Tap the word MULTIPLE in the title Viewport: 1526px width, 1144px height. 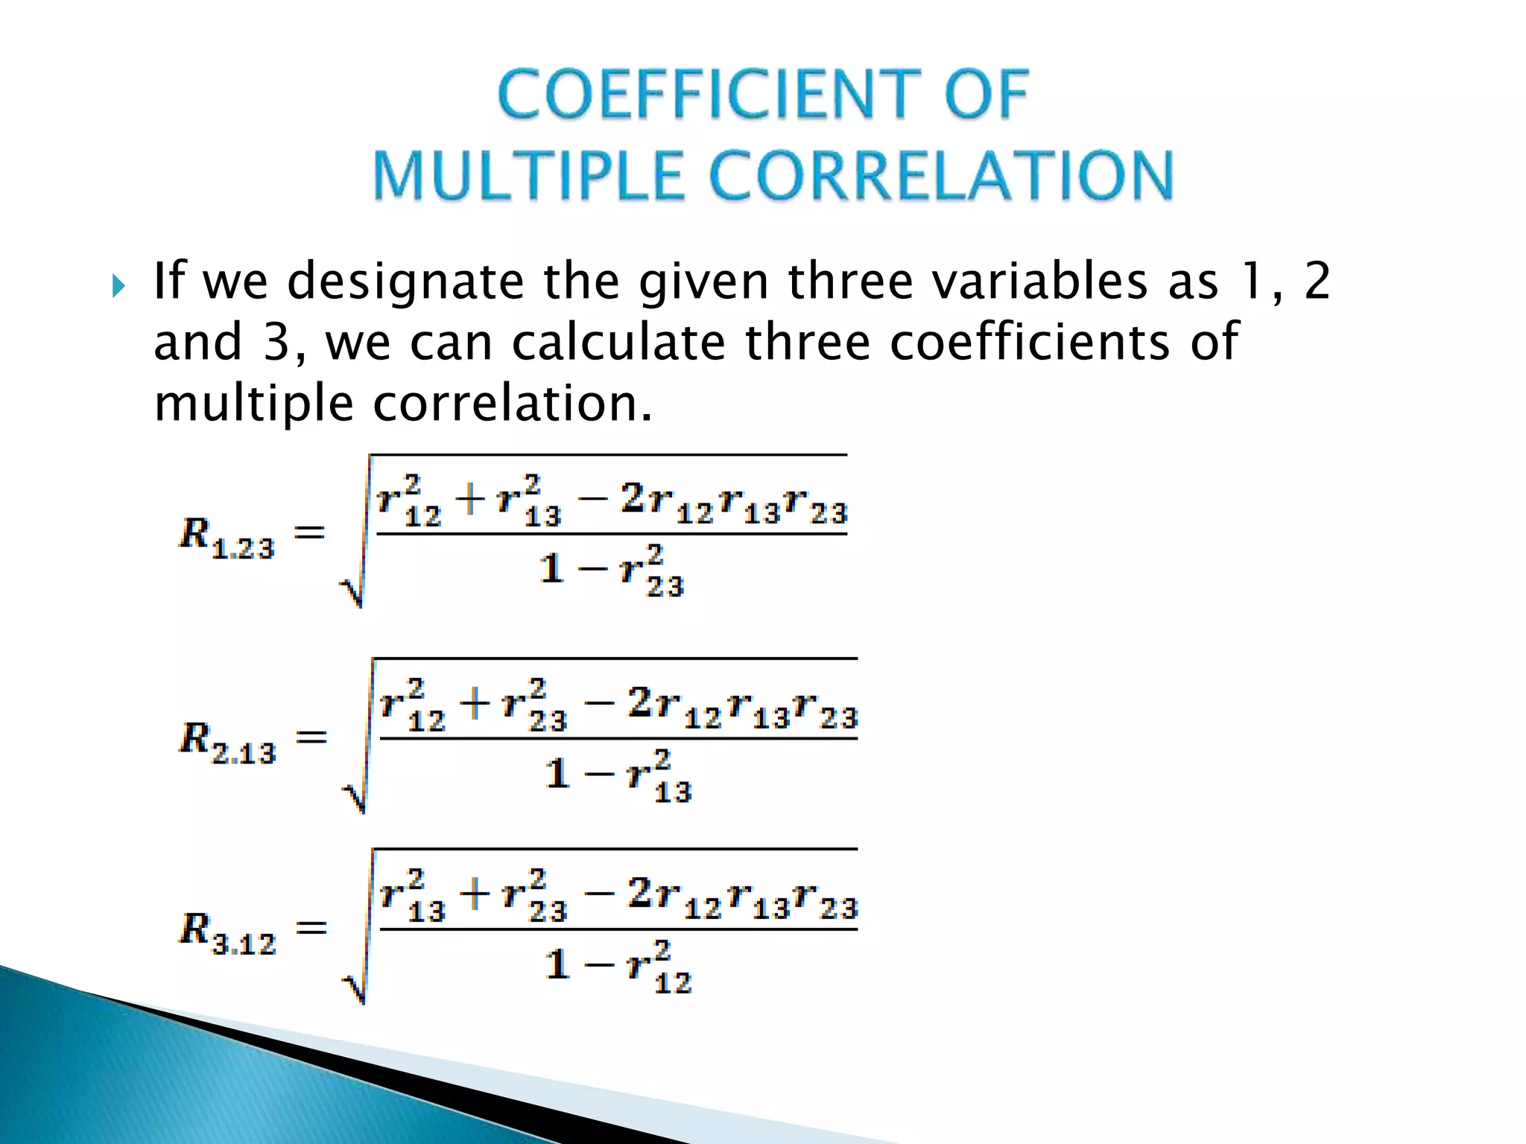pyautogui.click(x=528, y=177)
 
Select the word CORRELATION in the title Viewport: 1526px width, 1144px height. pyautogui.click(x=941, y=177)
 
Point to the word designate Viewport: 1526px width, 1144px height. pyautogui.click(x=405, y=283)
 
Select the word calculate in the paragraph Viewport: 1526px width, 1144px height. pyautogui.click(x=618, y=343)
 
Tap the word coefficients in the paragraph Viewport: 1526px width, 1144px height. pyautogui.click(x=1030, y=343)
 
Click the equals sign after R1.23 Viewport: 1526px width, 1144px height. pyautogui.click(x=310, y=533)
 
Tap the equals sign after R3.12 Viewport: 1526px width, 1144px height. pyautogui.click(x=311, y=928)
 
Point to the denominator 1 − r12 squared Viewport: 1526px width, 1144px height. pyautogui.click(x=618, y=967)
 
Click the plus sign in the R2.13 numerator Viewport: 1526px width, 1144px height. pyautogui.click(x=475, y=703)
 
